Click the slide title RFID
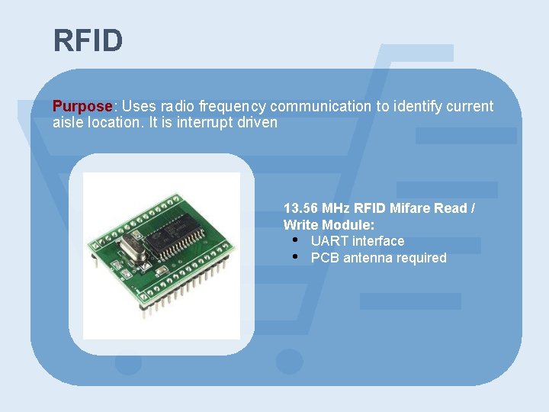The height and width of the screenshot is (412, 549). tap(88, 40)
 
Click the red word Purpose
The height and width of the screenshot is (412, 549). tap(82, 106)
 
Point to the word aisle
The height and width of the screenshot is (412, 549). tap(68, 122)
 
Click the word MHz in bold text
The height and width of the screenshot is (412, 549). tap(337, 208)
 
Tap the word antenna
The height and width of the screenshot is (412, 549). tap(365, 258)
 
